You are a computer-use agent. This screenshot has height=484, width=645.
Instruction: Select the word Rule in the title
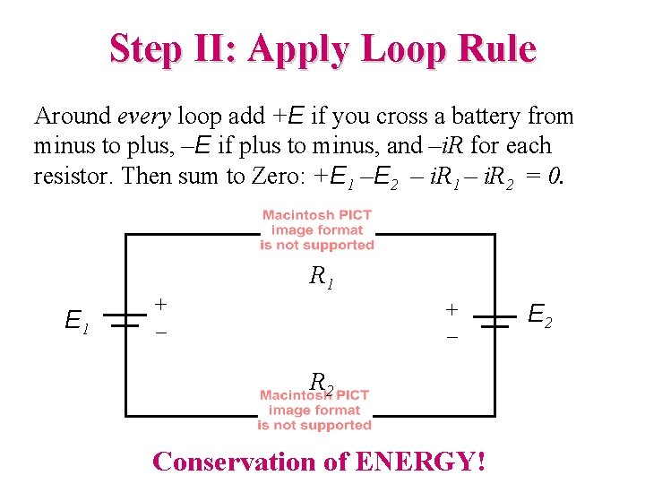[x=495, y=48]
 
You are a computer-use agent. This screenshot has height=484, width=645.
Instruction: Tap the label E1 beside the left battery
[x=77, y=320]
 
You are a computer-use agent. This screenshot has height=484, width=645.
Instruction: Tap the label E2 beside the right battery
[x=539, y=315]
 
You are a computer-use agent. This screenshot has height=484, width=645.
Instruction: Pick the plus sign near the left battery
[x=160, y=304]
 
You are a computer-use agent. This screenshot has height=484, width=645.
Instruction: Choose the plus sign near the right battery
[x=452, y=309]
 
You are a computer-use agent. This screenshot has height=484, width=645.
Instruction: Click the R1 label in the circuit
[x=322, y=277]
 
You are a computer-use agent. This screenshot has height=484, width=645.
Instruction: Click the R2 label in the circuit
[x=322, y=383]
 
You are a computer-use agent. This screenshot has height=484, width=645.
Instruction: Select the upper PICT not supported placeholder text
[x=317, y=230]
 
